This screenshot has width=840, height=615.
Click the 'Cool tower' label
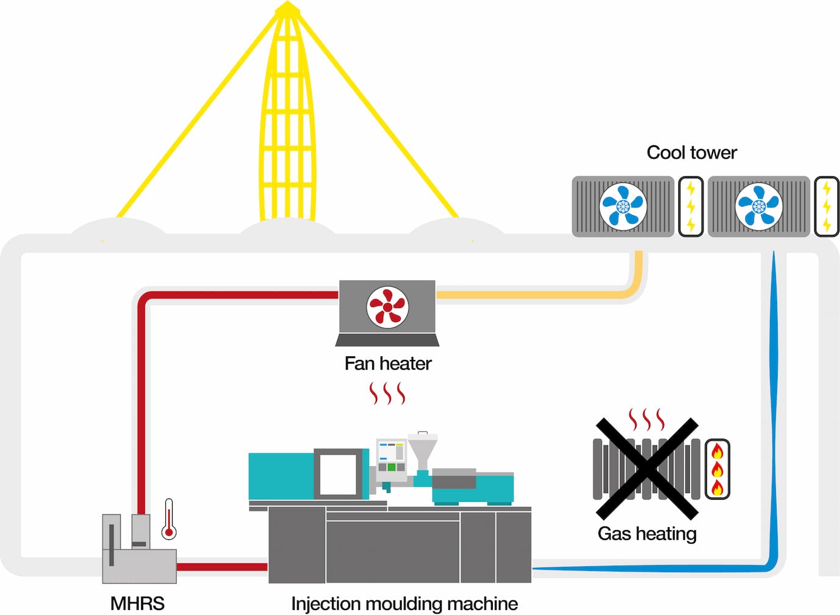[691, 153]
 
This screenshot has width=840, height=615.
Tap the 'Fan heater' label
[387, 364]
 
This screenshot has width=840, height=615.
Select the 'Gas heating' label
[647, 534]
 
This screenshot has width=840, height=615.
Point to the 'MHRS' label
[137, 603]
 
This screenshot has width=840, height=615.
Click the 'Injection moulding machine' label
[404, 603]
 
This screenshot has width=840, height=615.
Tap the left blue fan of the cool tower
[622, 206]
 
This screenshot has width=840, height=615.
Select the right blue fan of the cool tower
[758, 206]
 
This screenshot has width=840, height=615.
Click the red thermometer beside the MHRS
[169, 520]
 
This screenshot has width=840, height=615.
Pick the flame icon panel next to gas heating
[717, 469]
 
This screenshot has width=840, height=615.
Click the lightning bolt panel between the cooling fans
[691, 206]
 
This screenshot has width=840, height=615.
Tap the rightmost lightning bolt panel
[827, 206]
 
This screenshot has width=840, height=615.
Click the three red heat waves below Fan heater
[387, 394]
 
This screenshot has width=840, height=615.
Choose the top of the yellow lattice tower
[287, 9]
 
